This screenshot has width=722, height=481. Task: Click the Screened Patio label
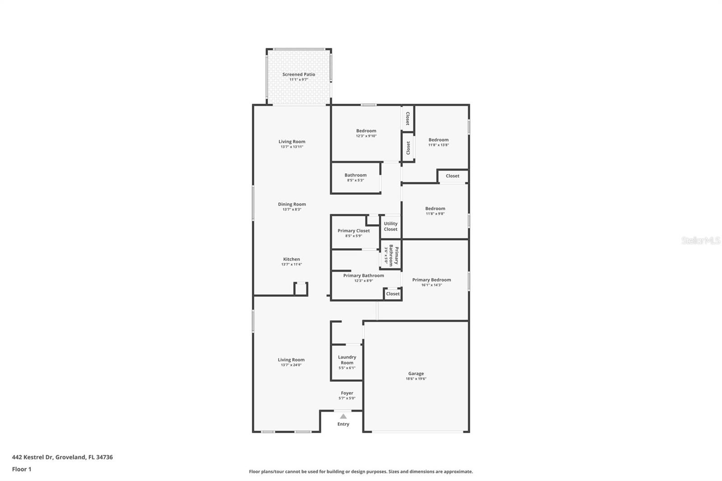pyautogui.click(x=299, y=74)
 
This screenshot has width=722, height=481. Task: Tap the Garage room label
pyautogui.click(x=416, y=374)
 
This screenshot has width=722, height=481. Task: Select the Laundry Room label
pyautogui.click(x=347, y=360)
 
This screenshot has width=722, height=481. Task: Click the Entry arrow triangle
pyautogui.click(x=343, y=416)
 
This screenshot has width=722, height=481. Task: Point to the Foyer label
pyautogui.click(x=347, y=393)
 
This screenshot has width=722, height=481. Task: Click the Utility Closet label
pyautogui.click(x=391, y=226)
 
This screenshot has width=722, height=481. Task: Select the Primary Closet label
pyautogui.click(x=354, y=231)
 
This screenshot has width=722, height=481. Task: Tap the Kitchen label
pyautogui.click(x=292, y=259)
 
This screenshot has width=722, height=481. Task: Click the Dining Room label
pyautogui.click(x=292, y=204)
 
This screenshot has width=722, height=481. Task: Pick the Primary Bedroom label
pyautogui.click(x=431, y=280)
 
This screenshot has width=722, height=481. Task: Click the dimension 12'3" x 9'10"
pyautogui.click(x=366, y=136)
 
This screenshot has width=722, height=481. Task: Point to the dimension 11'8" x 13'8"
pyautogui.click(x=439, y=145)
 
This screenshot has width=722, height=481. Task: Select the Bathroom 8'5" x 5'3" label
pyautogui.click(x=356, y=175)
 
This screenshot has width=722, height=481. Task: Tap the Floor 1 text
pyautogui.click(x=22, y=469)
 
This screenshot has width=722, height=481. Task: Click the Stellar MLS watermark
pyautogui.click(x=700, y=240)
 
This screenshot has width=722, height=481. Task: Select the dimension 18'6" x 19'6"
pyautogui.click(x=416, y=379)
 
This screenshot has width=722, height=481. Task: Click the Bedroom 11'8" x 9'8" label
pyautogui.click(x=435, y=208)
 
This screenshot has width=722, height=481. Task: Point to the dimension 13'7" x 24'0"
pyautogui.click(x=291, y=365)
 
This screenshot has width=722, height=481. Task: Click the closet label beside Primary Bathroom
pyautogui.click(x=393, y=294)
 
